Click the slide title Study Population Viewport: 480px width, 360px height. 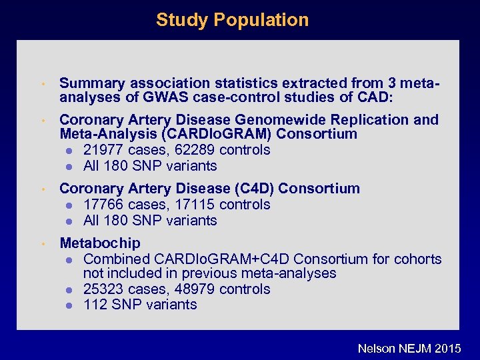click(x=232, y=20)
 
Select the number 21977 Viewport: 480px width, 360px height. click(x=104, y=150)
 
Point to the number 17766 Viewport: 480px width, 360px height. click(x=104, y=205)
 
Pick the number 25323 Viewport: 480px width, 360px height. click(x=104, y=289)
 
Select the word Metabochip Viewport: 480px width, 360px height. click(x=100, y=243)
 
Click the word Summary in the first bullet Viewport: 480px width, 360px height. click(x=92, y=83)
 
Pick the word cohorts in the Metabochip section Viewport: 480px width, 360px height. click(x=418, y=259)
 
